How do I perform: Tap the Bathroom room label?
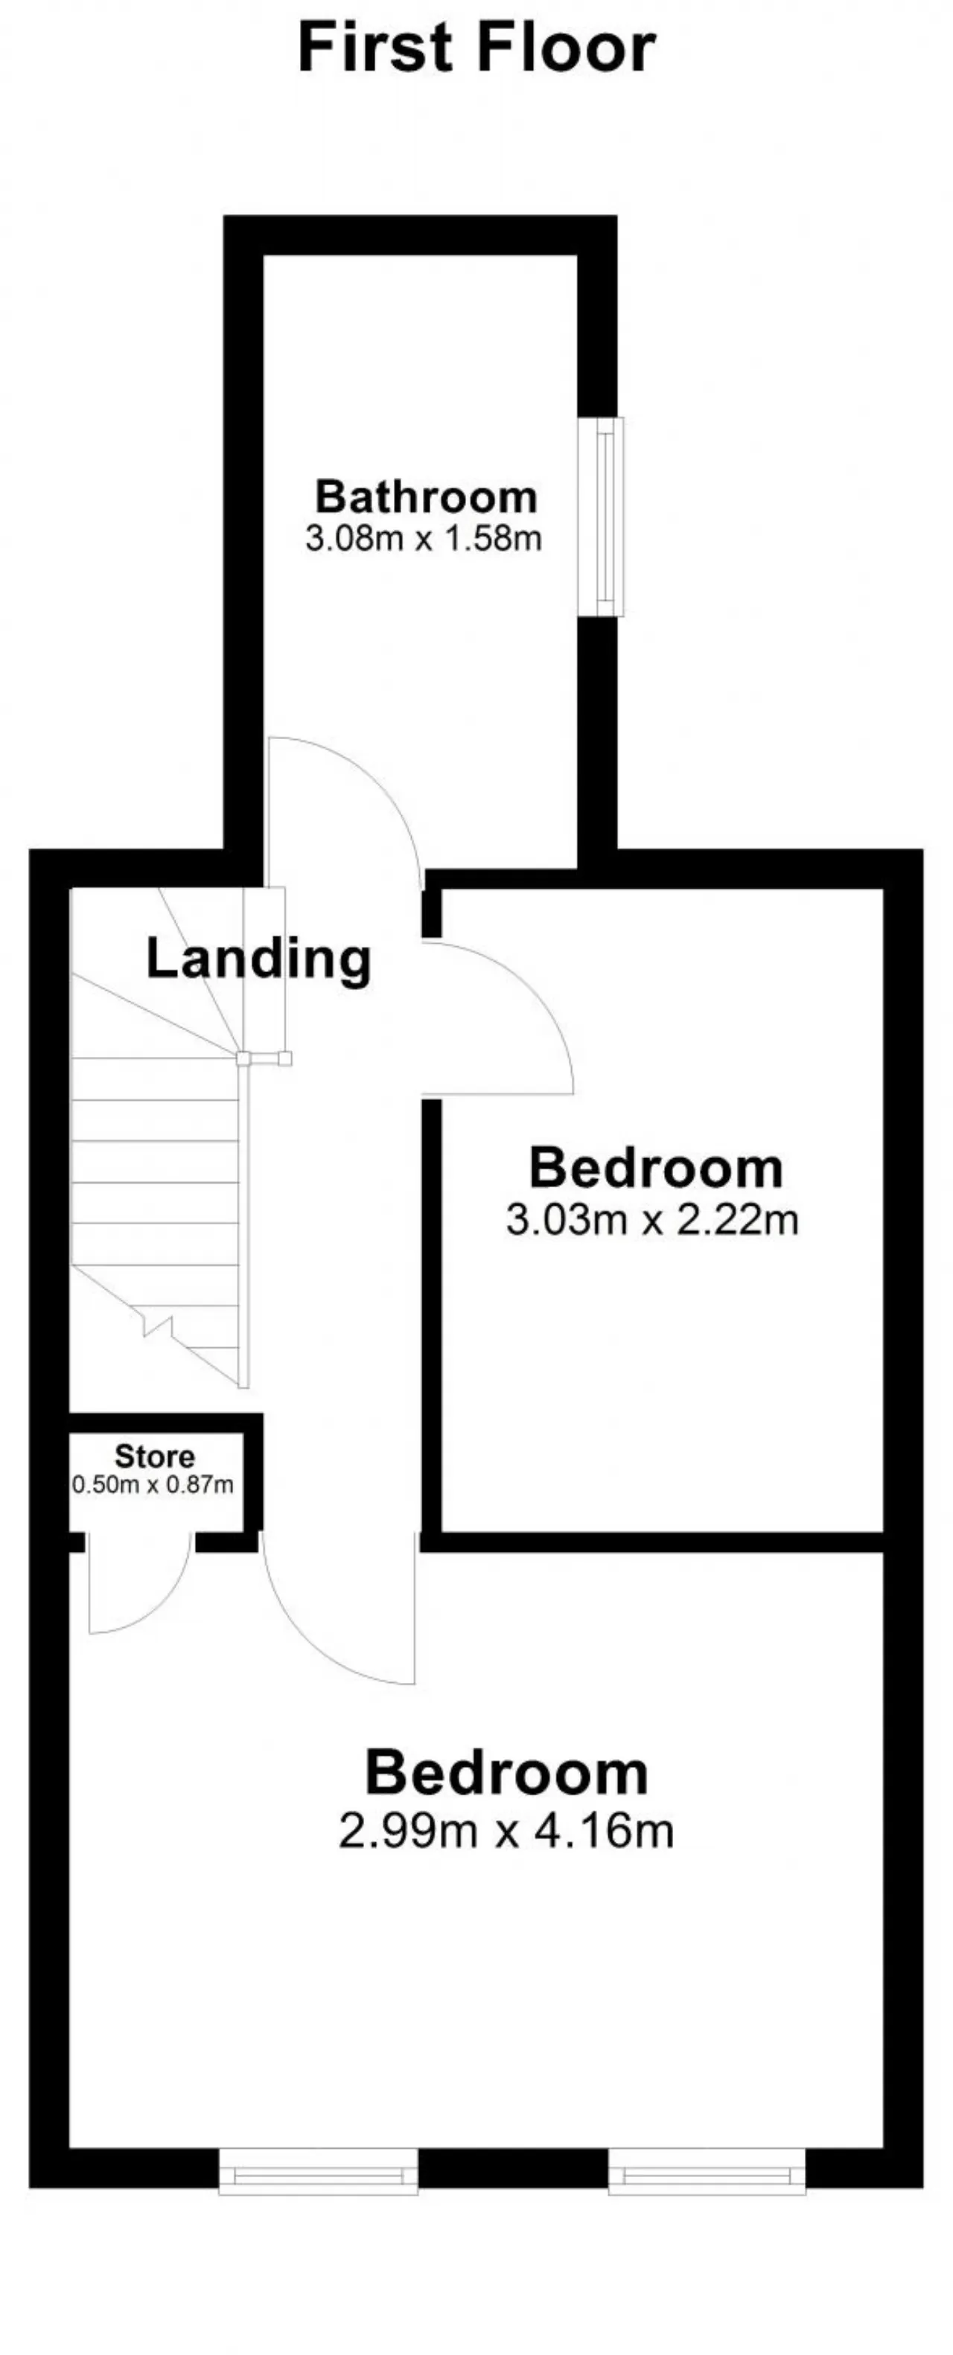426,497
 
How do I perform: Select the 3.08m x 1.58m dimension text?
424,538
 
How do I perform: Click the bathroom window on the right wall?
605,517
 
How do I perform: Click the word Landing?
259,960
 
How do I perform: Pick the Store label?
155,1457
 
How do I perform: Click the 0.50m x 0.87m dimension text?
153,1485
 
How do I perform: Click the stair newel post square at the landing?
243,1058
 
